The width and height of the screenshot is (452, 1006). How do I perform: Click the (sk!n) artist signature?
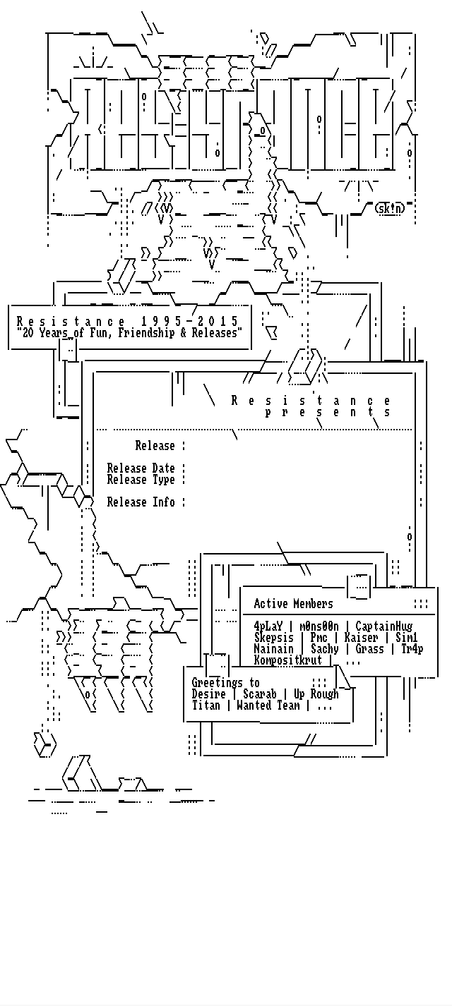[x=391, y=208]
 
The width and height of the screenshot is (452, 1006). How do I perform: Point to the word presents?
[x=328, y=412]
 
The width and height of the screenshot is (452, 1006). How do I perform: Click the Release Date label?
[x=141, y=468]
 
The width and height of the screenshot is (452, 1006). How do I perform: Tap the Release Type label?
[x=141, y=480]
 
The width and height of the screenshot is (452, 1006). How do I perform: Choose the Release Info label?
[x=141, y=502]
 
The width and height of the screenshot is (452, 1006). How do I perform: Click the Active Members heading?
[x=293, y=604]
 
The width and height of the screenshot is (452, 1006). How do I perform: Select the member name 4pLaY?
[x=268, y=626]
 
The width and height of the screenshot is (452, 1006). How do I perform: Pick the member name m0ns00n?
[x=319, y=626]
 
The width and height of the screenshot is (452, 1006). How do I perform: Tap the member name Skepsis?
[x=274, y=638]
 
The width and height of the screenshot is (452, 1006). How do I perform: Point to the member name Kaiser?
[x=361, y=638]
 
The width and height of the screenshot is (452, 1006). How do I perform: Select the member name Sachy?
[x=325, y=649]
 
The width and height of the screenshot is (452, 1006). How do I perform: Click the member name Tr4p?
[x=412, y=649]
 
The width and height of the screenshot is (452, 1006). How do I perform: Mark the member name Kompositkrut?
[x=287, y=660]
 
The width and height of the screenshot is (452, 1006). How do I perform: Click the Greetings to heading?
[x=226, y=683]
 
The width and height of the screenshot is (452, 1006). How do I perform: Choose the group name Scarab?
[x=259, y=694]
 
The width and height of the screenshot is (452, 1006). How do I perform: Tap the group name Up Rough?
[x=316, y=694]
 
